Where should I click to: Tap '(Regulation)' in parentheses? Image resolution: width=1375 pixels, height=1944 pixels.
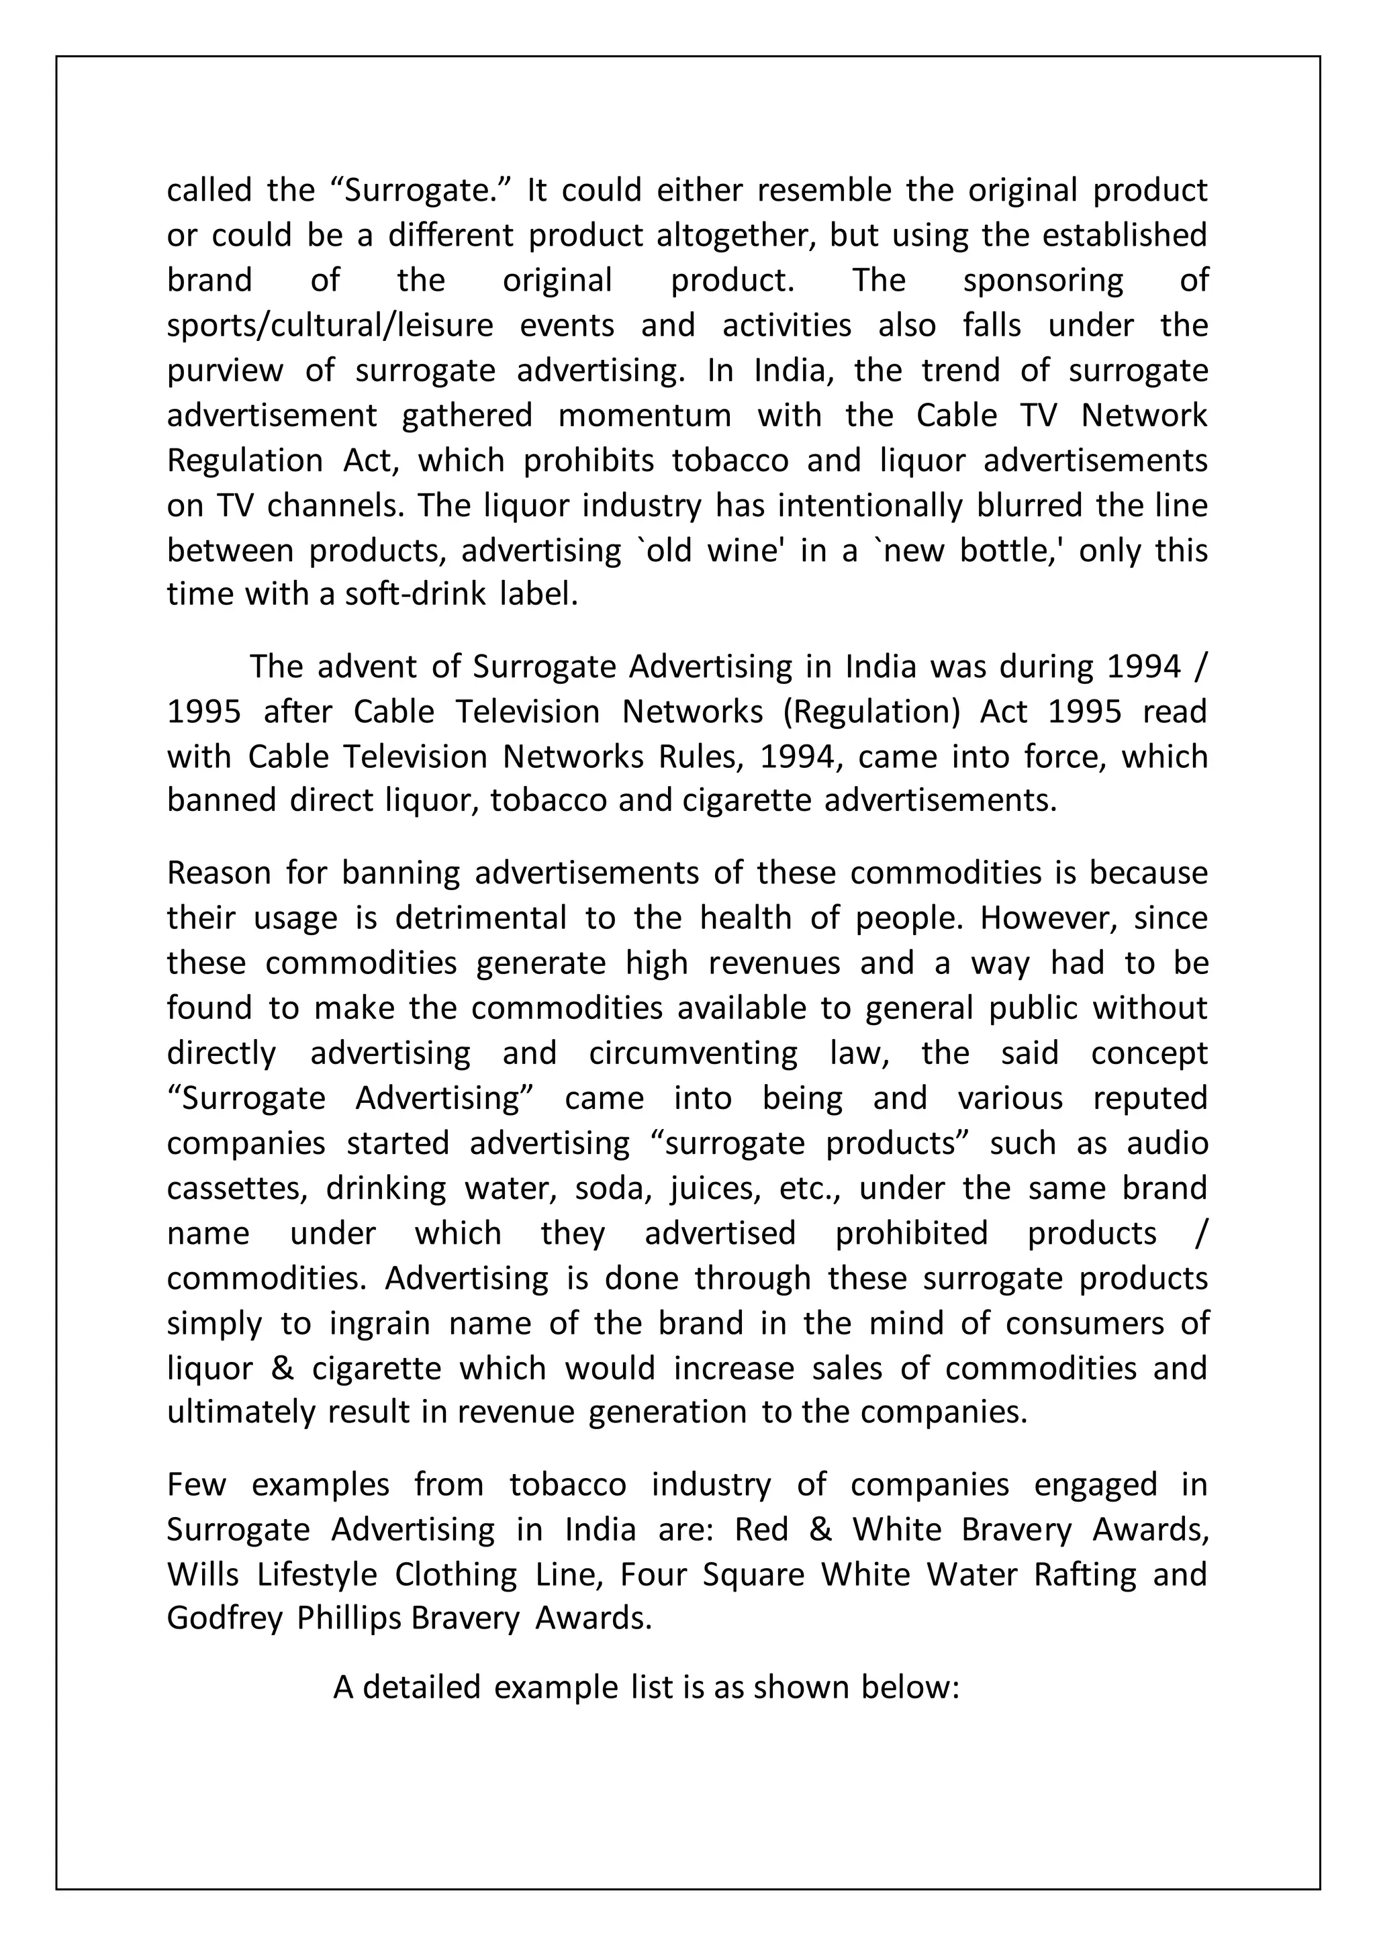(x=871, y=712)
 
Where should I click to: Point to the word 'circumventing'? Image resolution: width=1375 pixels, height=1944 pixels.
(x=693, y=1053)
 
